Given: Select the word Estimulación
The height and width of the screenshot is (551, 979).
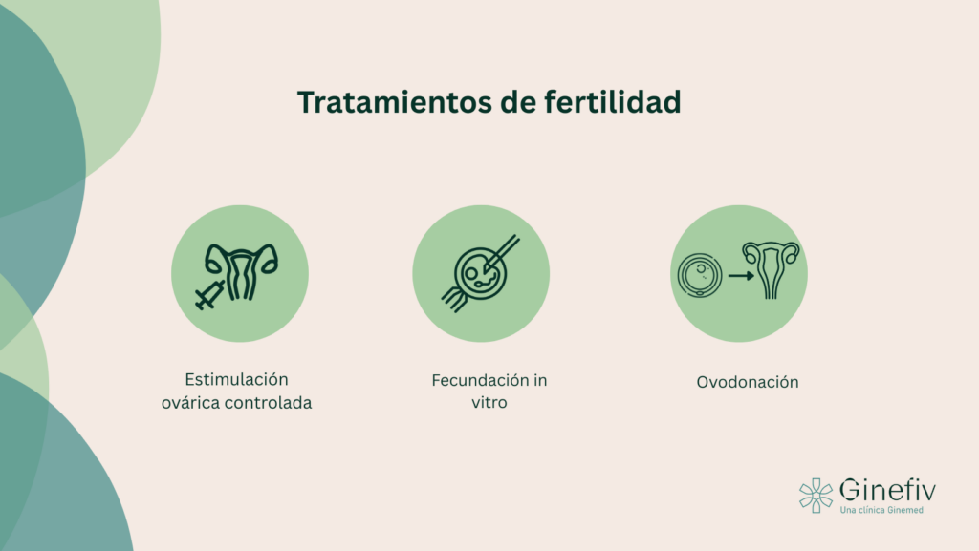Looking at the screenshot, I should tap(237, 379).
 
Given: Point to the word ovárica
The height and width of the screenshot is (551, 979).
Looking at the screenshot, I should tap(192, 403).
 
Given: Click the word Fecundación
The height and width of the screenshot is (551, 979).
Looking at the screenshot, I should tap(474, 379).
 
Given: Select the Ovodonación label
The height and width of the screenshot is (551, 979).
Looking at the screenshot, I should tap(747, 382).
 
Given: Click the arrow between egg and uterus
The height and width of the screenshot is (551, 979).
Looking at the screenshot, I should tap(740, 276).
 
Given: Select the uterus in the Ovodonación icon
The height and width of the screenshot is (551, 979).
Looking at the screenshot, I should tap(772, 268).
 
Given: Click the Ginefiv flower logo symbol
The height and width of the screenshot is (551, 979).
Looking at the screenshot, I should tap(816, 495).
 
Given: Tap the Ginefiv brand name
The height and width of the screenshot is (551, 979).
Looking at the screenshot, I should tap(887, 491).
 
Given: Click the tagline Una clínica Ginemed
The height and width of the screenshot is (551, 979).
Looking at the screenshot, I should tap(881, 511).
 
